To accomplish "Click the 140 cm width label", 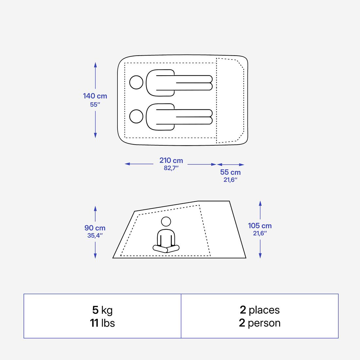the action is [95, 96].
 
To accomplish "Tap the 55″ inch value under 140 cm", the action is [95, 105].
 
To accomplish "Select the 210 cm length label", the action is [171, 160].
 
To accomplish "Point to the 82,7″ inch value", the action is [171, 168].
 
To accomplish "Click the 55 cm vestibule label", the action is [230, 172].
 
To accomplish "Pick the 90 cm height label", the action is [95, 228].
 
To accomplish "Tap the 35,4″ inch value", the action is [95, 236].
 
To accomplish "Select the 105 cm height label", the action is [260, 226].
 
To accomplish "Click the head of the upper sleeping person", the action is [136, 82].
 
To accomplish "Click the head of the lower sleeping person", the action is [136, 116].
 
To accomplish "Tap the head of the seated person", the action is [166, 222].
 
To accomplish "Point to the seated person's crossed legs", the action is [166, 249].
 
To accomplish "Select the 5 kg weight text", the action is [102, 310].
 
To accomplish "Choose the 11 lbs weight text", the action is [102, 323].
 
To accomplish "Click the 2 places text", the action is [260, 310].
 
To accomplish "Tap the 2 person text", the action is [260, 323].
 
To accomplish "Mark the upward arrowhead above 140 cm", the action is [95, 65].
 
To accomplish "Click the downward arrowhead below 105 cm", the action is [260, 256].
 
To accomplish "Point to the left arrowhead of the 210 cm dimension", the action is [127, 164].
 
